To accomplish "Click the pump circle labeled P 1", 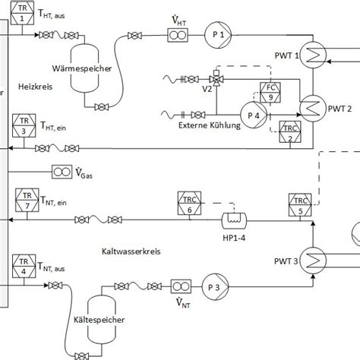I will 216,35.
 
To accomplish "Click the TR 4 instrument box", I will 23,267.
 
